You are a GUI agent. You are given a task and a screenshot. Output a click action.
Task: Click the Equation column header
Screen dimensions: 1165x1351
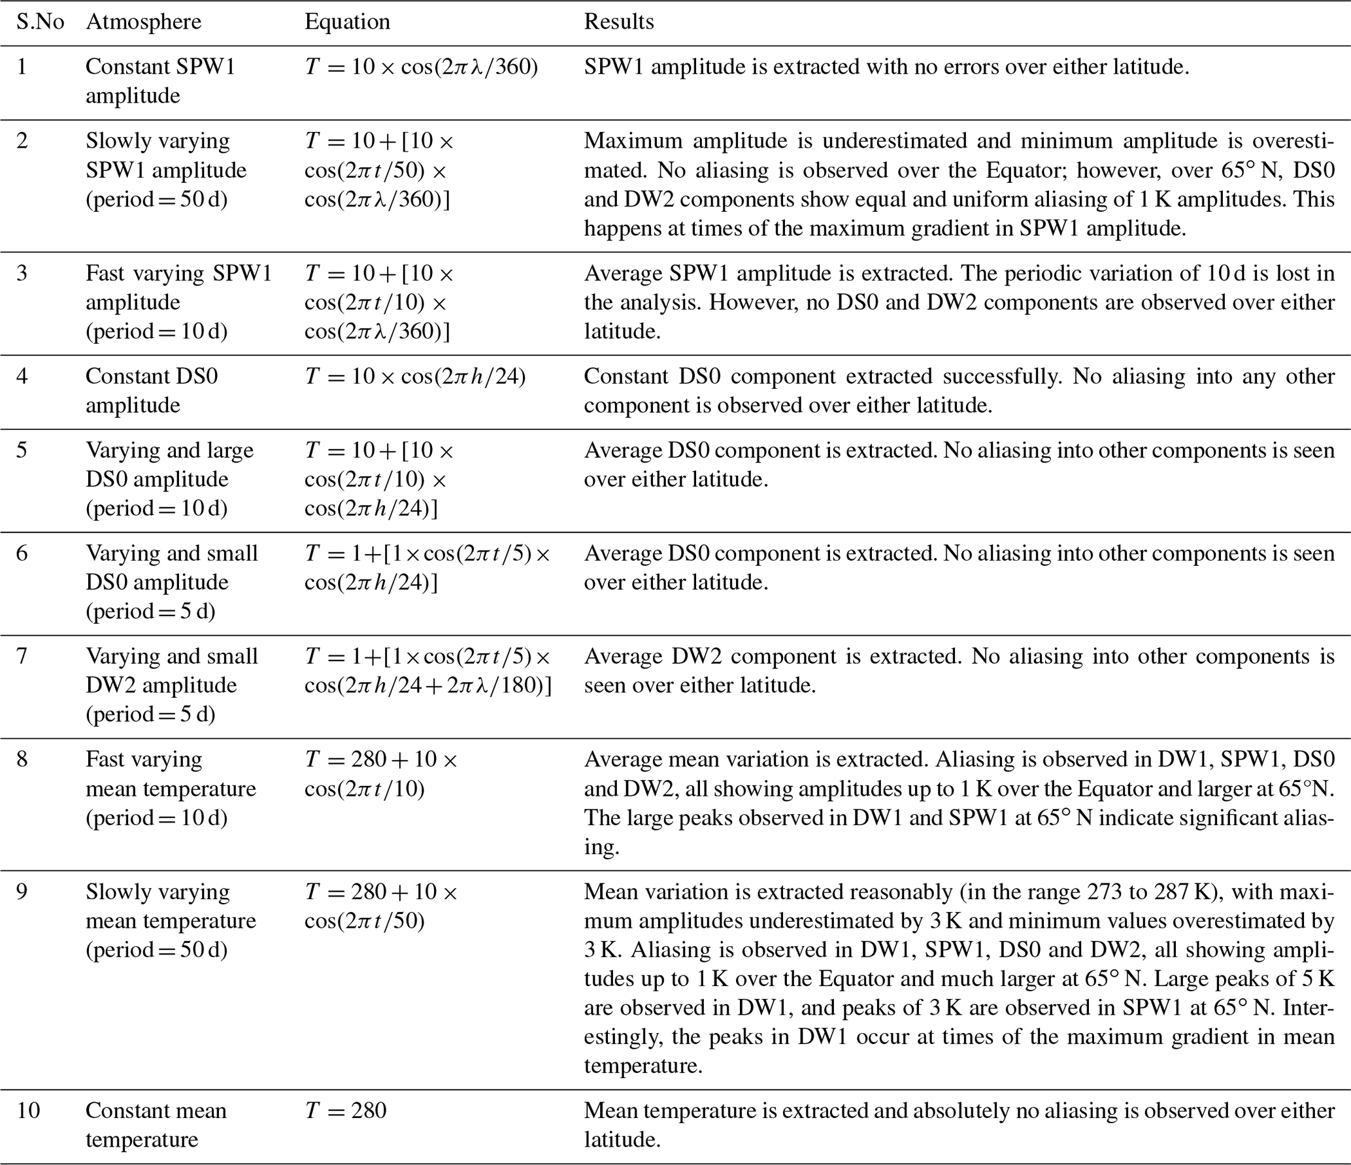[x=347, y=22]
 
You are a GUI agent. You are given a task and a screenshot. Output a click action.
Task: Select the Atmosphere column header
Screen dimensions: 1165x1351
[x=143, y=22]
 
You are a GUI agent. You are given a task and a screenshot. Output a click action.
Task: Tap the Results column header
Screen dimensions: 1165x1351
[x=618, y=22]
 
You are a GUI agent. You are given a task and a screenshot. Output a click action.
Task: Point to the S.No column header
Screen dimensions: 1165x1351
[x=40, y=22]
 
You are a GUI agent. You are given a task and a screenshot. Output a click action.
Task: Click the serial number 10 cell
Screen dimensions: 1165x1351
[x=29, y=1110]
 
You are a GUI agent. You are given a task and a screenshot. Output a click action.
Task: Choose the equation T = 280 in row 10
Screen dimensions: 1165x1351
[x=346, y=1110]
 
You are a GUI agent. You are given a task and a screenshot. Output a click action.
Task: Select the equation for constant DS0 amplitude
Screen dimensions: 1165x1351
[x=415, y=376]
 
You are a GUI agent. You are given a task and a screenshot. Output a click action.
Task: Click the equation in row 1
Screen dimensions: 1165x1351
[x=421, y=67]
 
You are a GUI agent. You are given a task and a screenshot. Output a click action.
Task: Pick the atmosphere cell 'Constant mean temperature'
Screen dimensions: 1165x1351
[x=156, y=1124]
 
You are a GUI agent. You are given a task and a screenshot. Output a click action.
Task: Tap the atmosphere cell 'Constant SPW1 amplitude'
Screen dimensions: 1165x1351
[x=160, y=81]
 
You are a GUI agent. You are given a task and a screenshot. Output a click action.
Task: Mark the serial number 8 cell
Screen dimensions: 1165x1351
[x=22, y=759]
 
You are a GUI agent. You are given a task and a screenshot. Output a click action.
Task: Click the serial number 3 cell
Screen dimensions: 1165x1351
[x=22, y=273]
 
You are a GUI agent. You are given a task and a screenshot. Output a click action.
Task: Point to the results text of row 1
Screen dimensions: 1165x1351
[x=886, y=67]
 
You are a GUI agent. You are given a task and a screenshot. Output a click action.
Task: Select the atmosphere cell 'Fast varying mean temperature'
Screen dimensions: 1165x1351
[x=171, y=789]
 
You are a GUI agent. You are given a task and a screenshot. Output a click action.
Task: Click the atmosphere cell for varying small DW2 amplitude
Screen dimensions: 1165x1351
[x=171, y=685]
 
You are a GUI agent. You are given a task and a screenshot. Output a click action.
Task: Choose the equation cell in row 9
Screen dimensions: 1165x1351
[x=381, y=906]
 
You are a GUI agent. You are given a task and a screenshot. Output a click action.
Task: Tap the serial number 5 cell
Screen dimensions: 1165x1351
[x=22, y=450]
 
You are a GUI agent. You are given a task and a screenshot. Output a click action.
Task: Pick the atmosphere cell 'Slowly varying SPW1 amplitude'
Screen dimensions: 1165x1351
[x=166, y=170]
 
